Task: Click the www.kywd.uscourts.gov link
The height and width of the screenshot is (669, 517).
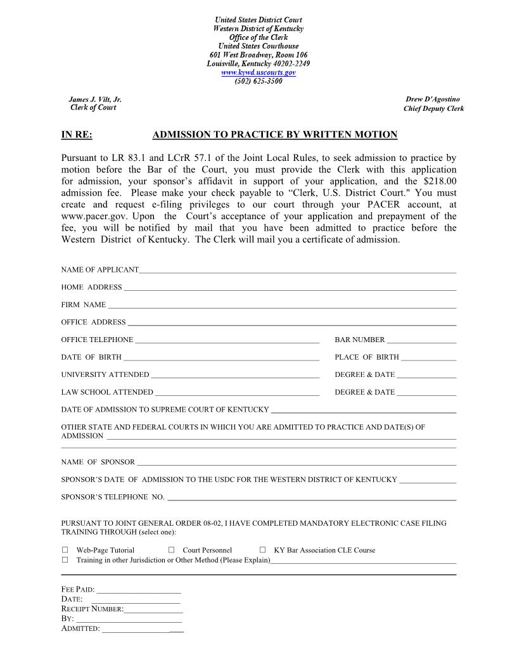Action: pyautogui.click(x=258, y=73)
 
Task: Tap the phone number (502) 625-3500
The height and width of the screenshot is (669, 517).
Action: pyautogui.click(x=258, y=81)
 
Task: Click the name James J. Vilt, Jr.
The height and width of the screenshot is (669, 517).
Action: pyautogui.click(x=95, y=99)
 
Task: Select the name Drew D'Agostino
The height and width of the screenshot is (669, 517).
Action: pyautogui.click(x=433, y=99)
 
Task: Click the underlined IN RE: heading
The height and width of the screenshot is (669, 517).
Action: pyautogui.click(x=77, y=134)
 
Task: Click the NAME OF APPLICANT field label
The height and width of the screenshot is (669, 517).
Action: pyautogui.click(x=99, y=270)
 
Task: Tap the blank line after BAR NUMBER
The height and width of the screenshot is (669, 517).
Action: pyautogui.click(x=421, y=341)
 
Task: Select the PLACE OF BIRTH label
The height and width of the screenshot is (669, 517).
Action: pyautogui.click(x=367, y=357)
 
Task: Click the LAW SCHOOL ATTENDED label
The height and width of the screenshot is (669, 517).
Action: pyautogui.click(x=107, y=392)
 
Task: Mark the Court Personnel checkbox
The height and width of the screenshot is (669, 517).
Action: pyautogui.click(x=171, y=550)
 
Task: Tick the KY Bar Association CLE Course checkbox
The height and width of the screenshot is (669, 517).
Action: pyautogui.click(x=262, y=550)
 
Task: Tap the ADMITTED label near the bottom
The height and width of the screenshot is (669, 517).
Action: pyautogui.click(x=80, y=628)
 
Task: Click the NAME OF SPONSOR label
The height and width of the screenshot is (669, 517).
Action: pyautogui.click(x=98, y=462)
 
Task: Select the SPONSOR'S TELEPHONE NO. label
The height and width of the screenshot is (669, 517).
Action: pyautogui.click(x=113, y=497)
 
